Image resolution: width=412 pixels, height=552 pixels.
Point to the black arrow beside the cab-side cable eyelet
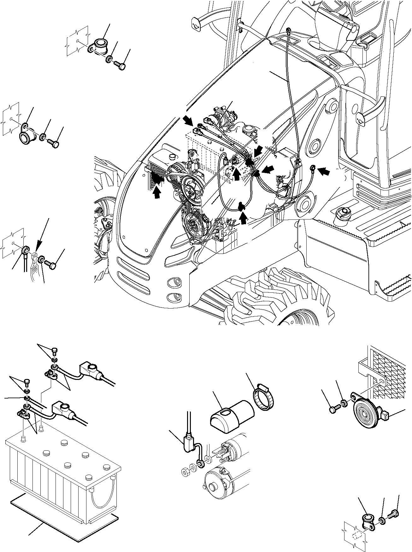click(325, 172)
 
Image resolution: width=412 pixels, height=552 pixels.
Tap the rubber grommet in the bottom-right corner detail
click(367, 520)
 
